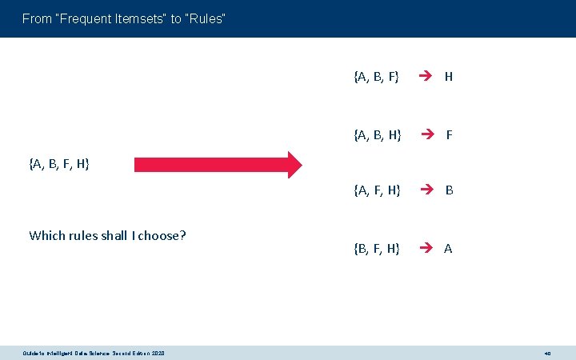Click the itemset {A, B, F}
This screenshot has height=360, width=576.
click(376, 77)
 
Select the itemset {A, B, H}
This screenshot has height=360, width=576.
click(377, 134)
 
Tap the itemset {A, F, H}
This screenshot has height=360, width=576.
click(377, 190)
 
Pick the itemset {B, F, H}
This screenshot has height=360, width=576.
click(377, 248)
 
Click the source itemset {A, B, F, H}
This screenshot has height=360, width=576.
click(59, 164)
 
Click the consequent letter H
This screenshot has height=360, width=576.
click(449, 77)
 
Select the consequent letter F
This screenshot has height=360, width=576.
click(450, 134)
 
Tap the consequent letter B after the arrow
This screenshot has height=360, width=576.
click(450, 190)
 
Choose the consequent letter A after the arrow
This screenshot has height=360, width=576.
click(448, 248)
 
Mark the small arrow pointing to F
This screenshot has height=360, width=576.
click(429, 134)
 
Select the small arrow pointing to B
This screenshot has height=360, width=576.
click(429, 190)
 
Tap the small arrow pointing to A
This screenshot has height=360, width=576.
click(427, 248)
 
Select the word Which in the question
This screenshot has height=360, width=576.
click(46, 235)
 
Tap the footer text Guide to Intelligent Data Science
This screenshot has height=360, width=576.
click(72, 353)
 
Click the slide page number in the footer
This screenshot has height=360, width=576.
click(548, 353)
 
